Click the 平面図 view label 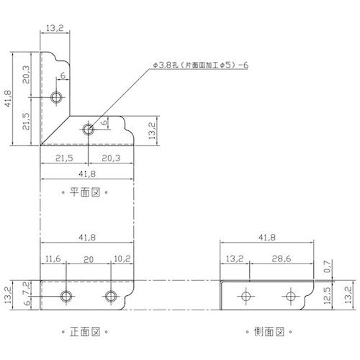pyautogui.click(x=85, y=192)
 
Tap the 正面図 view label pyautogui.click(x=85, y=332)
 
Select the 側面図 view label pyautogui.click(x=269, y=332)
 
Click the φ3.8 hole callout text pyautogui.click(x=200, y=65)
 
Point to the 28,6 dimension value pyautogui.click(x=282, y=258)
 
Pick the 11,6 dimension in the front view pyautogui.click(x=53, y=258)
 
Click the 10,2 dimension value pyautogui.click(x=122, y=258)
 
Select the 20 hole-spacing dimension pyautogui.click(x=89, y=259)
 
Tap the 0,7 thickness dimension pyautogui.click(x=328, y=266)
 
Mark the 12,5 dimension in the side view pyautogui.click(x=328, y=295)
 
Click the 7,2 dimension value pyautogui.click(x=27, y=288)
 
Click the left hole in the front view pyautogui.click(x=66, y=296)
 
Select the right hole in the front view pyautogui.click(x=111, y=296)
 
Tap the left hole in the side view pyautogui.click(x=246, y=296)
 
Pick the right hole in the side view pyautogui.click(x=291, y=296)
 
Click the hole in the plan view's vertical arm pyautogui.click(x=56, y=97)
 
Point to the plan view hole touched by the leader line pyautogui.click(x=89, y=130)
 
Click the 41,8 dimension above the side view pyautogui.click(x=267, y=238)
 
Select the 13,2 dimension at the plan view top pyautogui.click(x=55, y=28)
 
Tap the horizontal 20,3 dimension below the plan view pyautogui.click(x=111, y=158)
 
